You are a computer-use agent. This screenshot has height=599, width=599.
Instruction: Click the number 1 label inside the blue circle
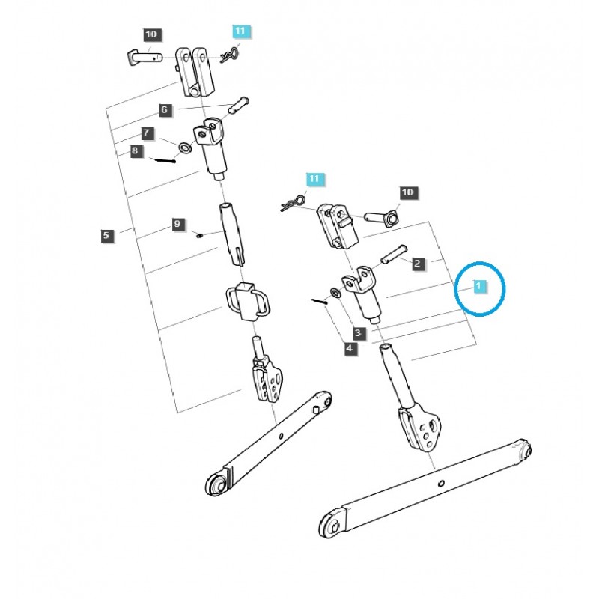(476, 286)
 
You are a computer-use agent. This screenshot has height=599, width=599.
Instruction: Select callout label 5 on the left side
(105, 235)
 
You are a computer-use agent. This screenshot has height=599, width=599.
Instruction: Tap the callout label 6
(165, 109)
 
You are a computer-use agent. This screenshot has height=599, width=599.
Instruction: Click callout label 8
(135, 150)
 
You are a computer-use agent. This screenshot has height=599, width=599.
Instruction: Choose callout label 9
(177, 224)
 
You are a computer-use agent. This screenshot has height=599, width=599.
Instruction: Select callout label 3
(359, 332)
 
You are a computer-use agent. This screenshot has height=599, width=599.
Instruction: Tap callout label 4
(350, 347)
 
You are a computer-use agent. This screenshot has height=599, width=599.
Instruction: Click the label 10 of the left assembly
(151, 34)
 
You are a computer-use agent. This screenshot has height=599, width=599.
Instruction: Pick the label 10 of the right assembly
(407, 192)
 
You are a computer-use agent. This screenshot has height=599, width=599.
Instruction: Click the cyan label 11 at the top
(240, 31)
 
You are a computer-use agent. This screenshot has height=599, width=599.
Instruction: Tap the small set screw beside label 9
(201, 235)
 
